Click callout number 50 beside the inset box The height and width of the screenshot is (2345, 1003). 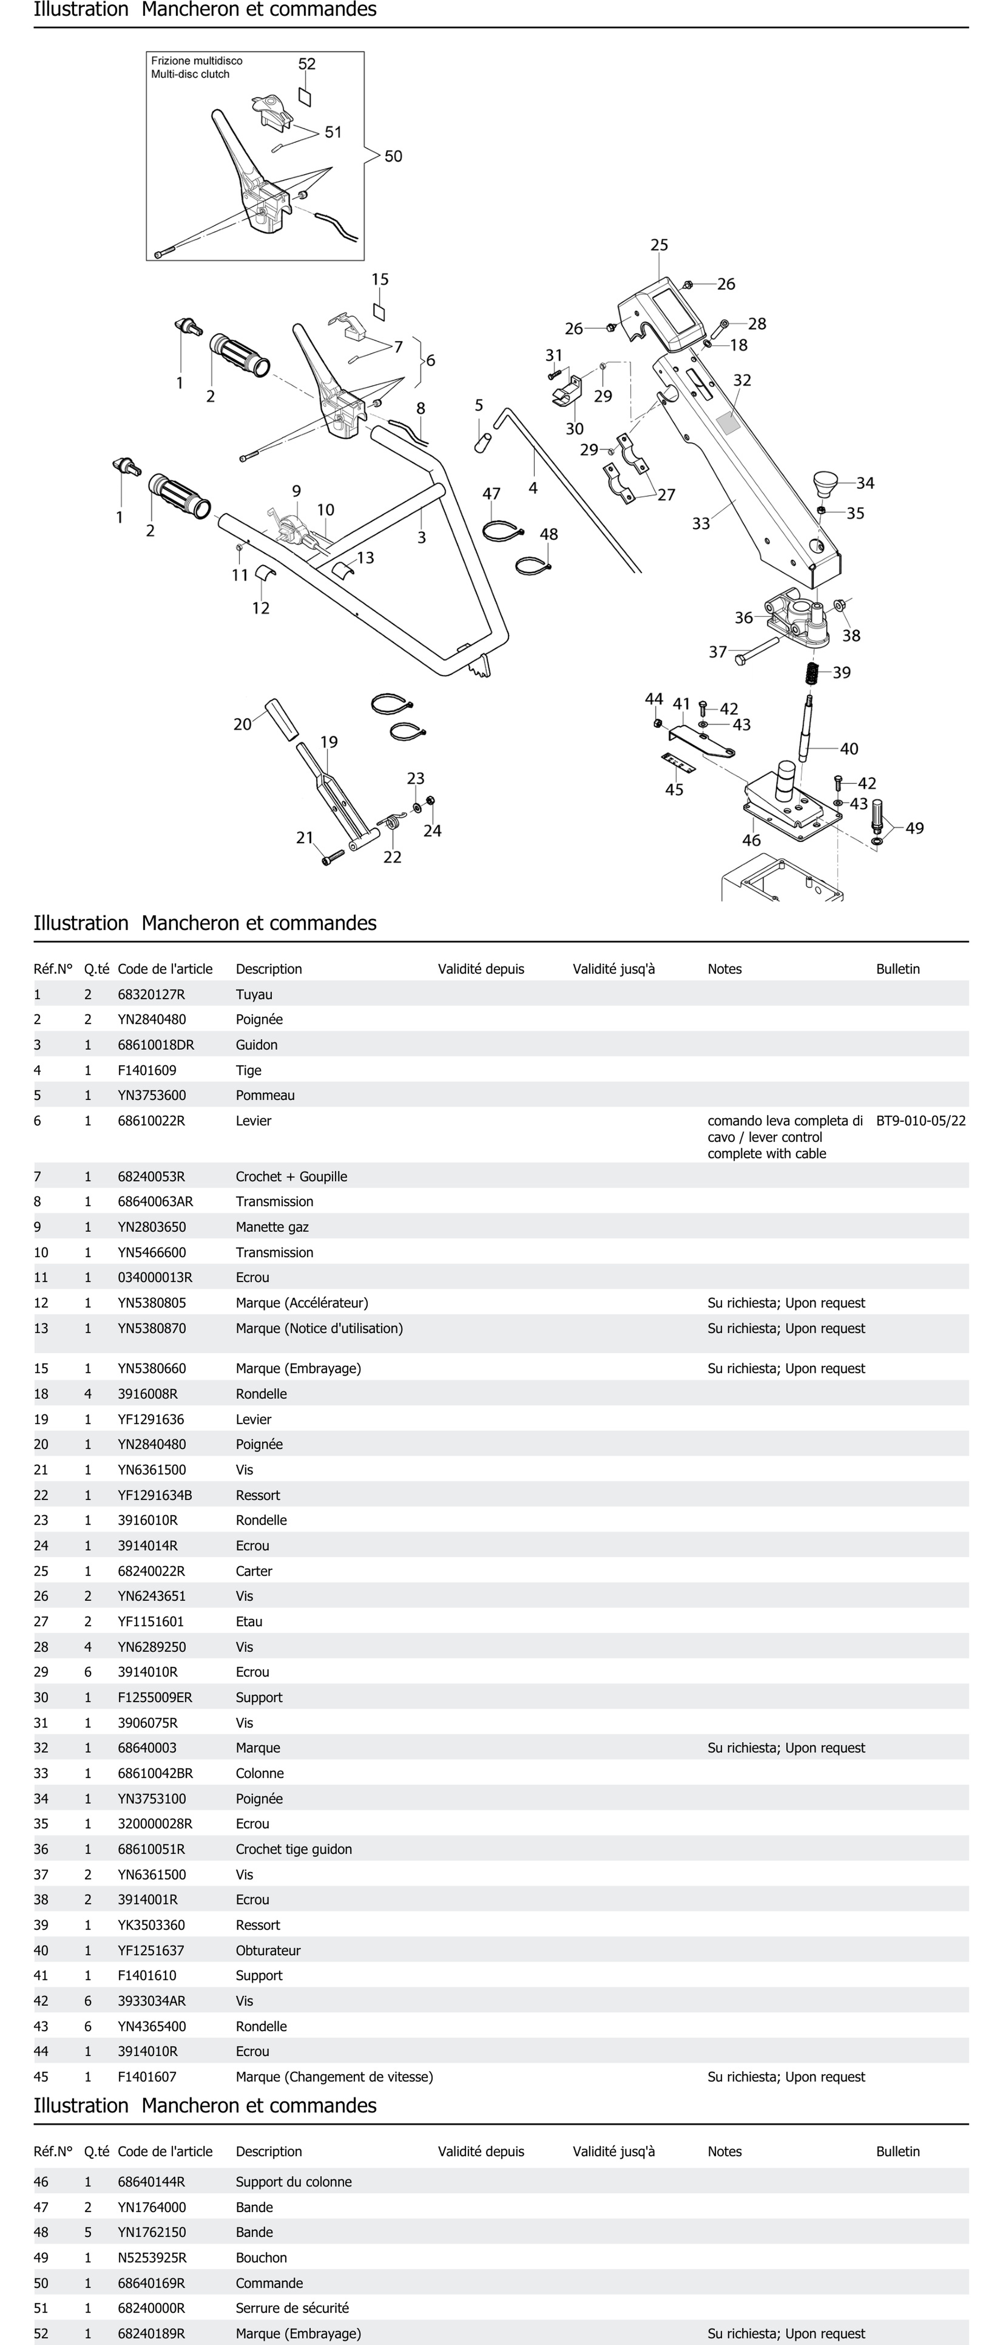click(x=393, y=157)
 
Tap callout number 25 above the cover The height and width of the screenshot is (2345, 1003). click(x=659, y=245)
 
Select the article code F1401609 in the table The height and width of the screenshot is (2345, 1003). click(x=147, y=1071)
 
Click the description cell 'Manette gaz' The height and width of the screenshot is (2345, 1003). click(x=272, y=1227)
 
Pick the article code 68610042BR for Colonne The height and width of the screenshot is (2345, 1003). click(x=155, y=1773)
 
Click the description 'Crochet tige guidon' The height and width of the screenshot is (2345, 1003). click(x=293, y=1849)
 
